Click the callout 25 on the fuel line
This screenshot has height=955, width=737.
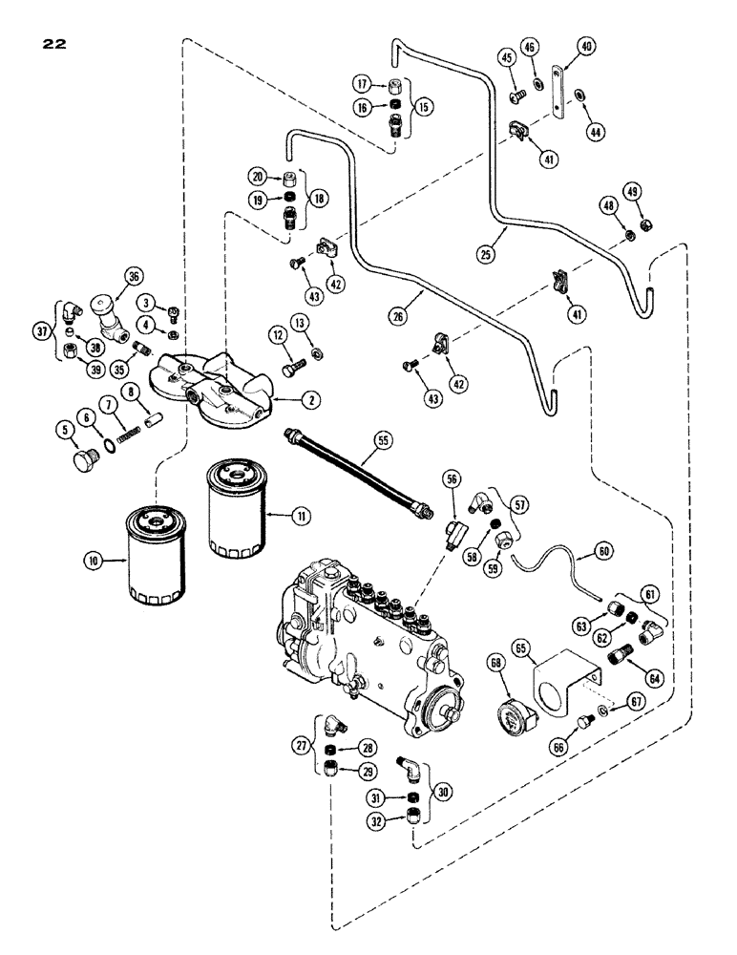tap(486, 255)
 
